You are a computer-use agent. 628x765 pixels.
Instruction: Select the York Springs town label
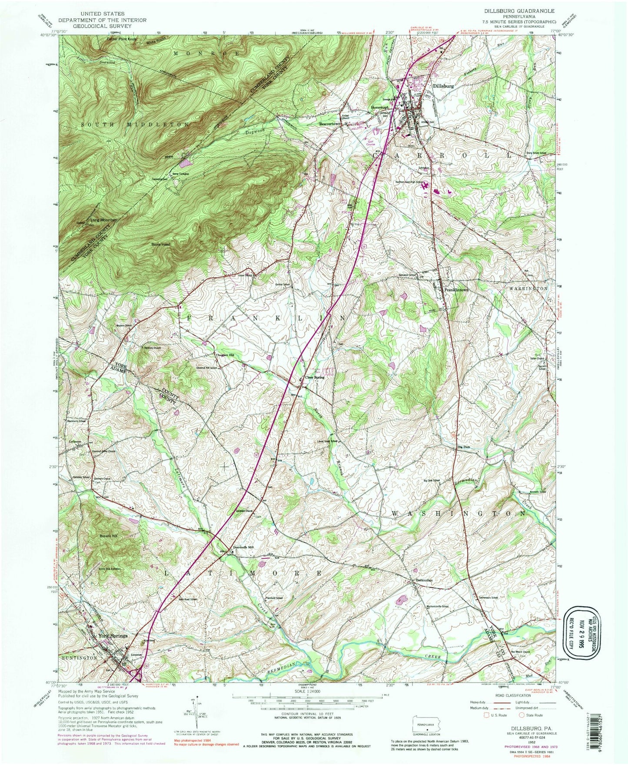coord(113,636)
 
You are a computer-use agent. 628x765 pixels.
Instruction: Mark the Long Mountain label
coord(103,220)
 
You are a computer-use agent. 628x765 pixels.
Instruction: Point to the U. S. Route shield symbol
coord(486,715)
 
